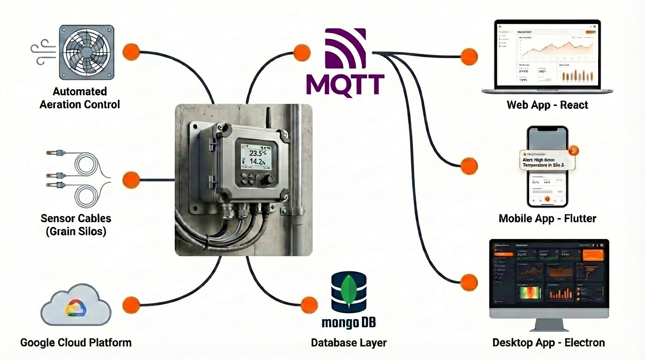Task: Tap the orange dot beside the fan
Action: (131, 52)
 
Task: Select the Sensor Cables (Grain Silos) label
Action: (76, 225)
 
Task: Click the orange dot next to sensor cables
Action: (131, 180)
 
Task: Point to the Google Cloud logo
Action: (76, 307)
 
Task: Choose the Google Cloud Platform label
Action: (76, 343)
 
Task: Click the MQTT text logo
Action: (345, 84)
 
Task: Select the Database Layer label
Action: (349, 343)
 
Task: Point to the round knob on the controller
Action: (269, 180)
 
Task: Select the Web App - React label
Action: (547, 105)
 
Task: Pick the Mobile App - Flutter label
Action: (547, 218)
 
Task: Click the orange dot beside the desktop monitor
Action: (468, 283)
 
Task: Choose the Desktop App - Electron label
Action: (548, 343)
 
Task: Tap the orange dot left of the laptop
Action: (469, 57)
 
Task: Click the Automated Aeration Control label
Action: (80, 97)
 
